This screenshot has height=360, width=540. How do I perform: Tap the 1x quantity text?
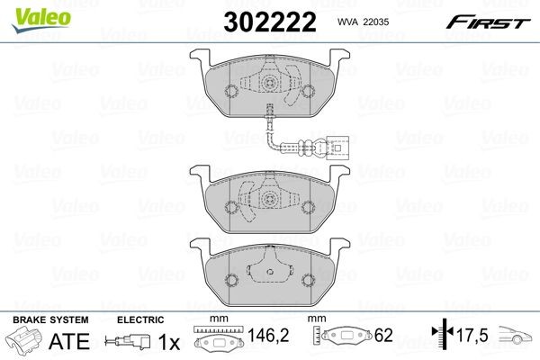[x=166, y=341]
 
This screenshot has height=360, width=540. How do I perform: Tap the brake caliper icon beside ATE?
[x=25, y=341]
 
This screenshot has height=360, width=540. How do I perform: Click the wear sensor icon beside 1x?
[x=127, y=342]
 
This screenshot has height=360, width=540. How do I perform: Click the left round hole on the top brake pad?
[x=229, y=91]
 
